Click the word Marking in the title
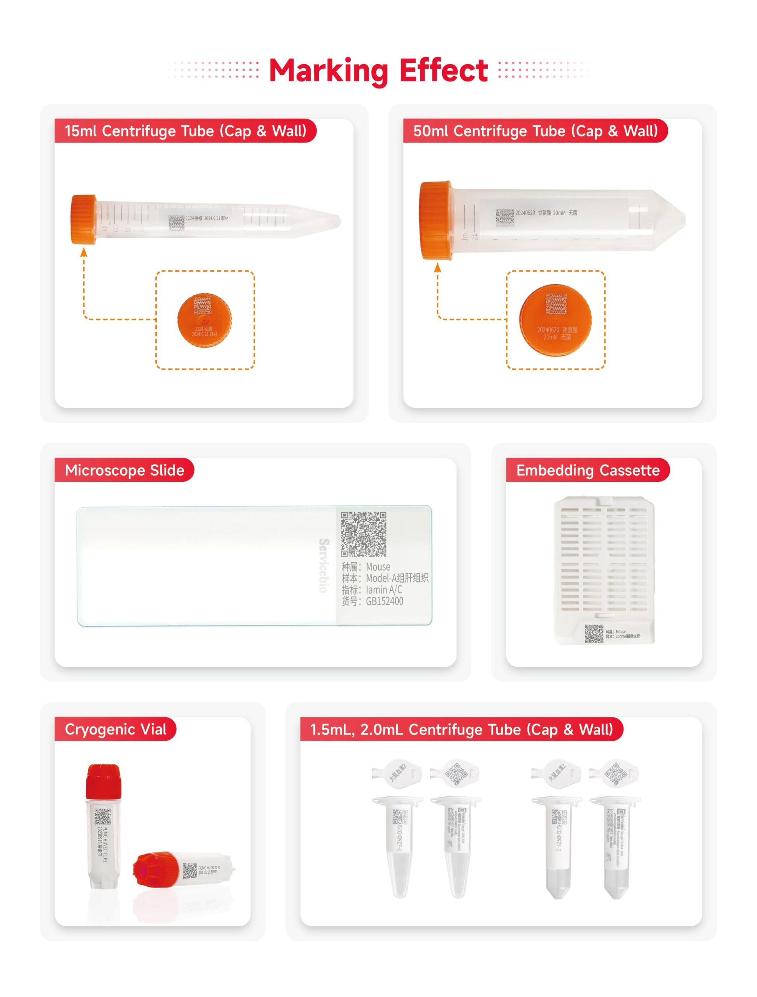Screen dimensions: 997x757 click(x=328, y=71)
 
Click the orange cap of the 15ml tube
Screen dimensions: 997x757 click(x=83, y=220)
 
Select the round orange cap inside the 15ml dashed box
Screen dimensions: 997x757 click(x=205, y=320)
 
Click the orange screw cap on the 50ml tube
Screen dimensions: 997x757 click(x=435, y=220)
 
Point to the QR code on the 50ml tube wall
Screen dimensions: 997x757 click(x=504, y=217)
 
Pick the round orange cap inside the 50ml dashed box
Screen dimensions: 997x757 click(x=555, y=320)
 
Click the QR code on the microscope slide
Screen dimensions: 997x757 click(x=364, y=534)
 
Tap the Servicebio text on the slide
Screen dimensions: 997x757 click(x=323, y=565)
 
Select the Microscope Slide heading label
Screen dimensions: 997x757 click(x=125, y=470)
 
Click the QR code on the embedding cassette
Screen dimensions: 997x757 click(x=594, y=634)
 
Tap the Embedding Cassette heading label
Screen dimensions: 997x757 click(x=588, y=470)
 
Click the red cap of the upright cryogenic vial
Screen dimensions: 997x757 click(x=103, y=781)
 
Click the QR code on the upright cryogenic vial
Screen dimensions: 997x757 click(x=102, y=817)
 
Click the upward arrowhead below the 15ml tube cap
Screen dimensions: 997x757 click(x=83, y=252)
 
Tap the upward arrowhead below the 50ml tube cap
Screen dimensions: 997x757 click(x=437, y=269)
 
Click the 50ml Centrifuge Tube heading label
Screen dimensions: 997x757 click(x=535, y=131)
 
